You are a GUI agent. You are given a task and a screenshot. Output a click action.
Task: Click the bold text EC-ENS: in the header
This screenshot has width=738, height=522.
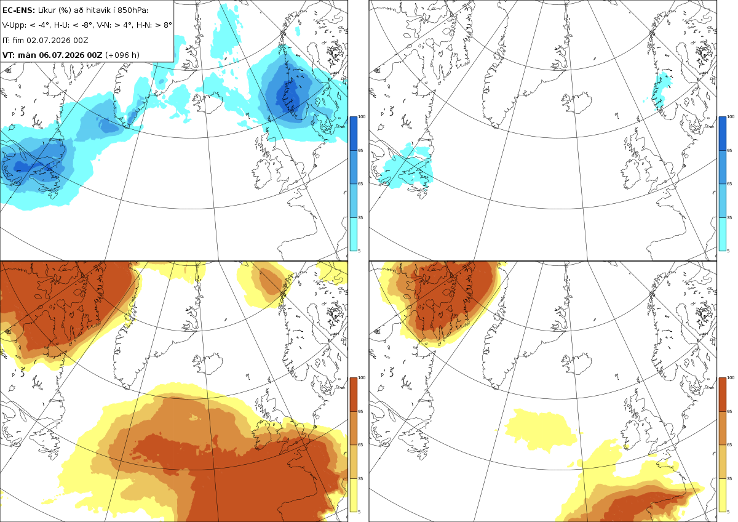[x=18, y=10]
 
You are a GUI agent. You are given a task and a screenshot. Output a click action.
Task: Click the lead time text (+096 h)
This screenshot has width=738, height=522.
[x=122, y=55]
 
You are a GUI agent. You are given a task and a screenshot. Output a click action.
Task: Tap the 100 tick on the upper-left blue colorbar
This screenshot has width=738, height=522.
[x=362, y=117]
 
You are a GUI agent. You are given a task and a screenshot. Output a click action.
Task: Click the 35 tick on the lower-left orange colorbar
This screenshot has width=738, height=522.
[x=360, y=478]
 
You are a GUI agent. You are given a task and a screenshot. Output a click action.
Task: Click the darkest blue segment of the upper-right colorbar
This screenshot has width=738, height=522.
[x=722, y=133]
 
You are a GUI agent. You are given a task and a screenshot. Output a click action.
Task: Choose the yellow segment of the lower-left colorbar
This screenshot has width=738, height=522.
[x=353, y=495]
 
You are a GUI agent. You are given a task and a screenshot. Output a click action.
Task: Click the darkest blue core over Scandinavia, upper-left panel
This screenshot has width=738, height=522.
[x=287, y=95]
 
